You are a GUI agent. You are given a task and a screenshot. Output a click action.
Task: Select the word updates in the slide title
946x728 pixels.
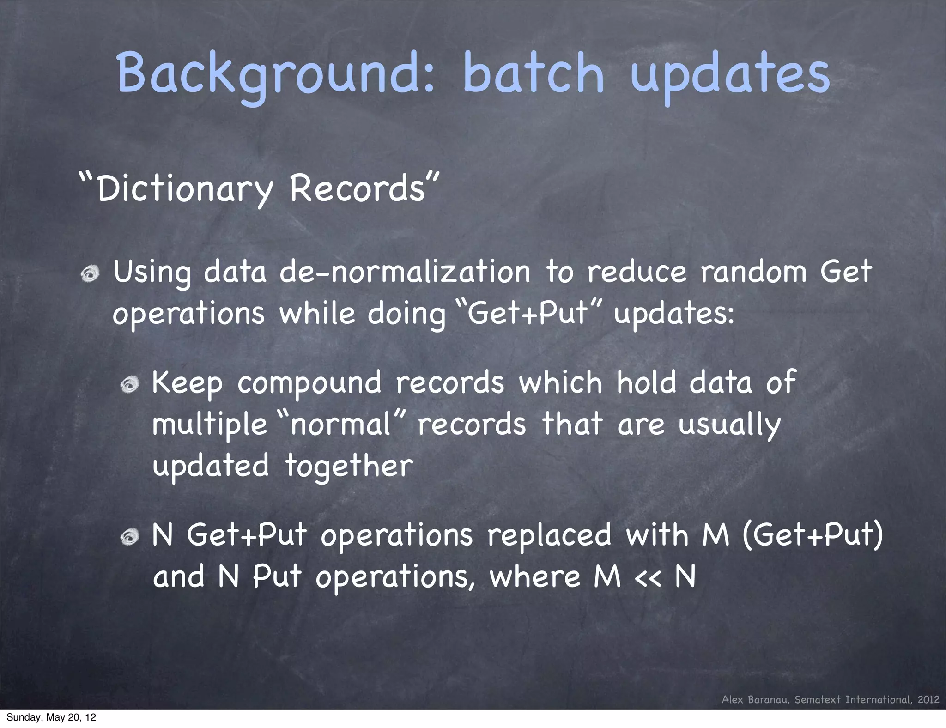click(730, 74)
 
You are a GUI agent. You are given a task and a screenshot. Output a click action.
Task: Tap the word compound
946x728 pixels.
click(309, 383)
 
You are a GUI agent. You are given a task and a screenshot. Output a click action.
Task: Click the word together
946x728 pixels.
click(349, 466)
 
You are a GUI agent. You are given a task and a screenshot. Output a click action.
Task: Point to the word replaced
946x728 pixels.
click(550, 535)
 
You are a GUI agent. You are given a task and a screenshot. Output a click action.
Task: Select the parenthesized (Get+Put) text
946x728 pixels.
click(813, 535)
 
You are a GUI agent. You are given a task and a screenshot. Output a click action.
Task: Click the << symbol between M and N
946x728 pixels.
click(648, 577)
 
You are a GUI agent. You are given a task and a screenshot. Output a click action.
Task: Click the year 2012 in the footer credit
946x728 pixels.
click(928, 699)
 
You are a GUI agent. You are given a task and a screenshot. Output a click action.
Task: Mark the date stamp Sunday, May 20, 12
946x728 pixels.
click(51, 717)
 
